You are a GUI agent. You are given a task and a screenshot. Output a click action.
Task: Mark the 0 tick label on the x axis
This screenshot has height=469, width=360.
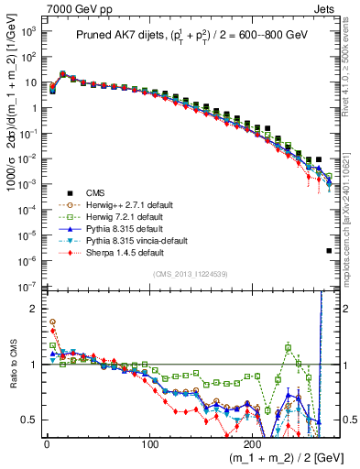point(46,442)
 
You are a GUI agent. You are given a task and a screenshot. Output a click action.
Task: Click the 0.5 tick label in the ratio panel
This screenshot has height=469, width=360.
point(27,420)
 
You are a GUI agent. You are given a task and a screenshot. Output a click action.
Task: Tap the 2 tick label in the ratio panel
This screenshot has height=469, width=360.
point(33,309)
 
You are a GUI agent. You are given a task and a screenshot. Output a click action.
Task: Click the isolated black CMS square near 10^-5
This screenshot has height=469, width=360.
point(329,250)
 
